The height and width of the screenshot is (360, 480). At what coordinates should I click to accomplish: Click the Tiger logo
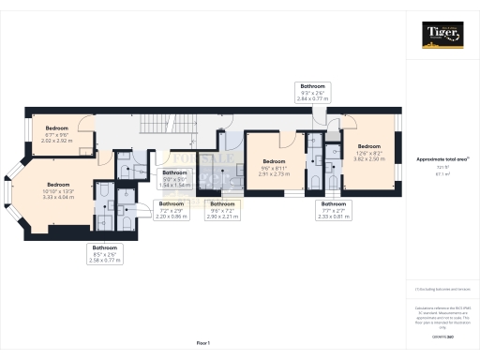(441, 37)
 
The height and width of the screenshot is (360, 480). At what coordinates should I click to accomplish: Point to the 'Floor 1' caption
(203, 344)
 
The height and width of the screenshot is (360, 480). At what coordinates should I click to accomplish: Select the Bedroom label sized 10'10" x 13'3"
(58, 190)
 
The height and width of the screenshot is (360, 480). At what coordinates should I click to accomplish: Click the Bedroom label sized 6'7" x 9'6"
(56, 133)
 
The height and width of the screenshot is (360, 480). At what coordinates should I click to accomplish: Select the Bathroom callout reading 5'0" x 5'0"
(175, 178)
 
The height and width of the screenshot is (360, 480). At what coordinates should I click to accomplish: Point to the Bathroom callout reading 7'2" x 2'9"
(172, 209)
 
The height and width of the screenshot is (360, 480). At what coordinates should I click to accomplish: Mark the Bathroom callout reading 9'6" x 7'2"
(222, 209)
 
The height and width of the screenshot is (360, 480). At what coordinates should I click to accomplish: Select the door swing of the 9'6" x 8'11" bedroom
(292, 139)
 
